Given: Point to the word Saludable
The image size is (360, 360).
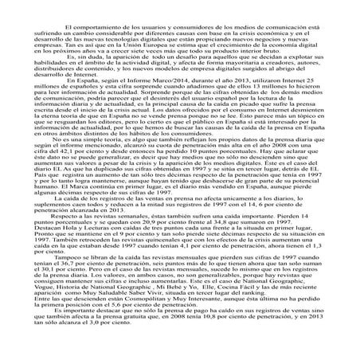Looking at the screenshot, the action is (x=131, y=311).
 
